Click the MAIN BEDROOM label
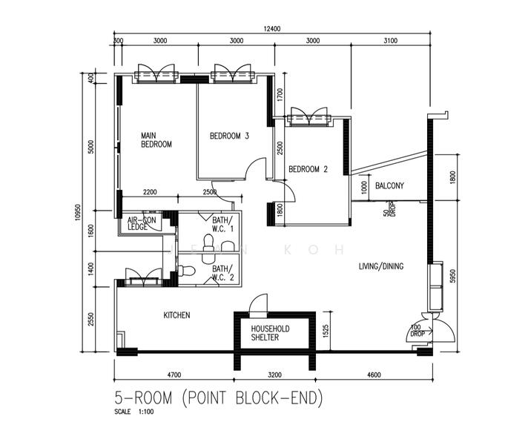(x=156, y=140)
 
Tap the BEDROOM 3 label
(x=229, y=136)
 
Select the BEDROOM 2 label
(x=308, y=169)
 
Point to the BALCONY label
(x=389, y=186)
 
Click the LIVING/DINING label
(x=381, y=266)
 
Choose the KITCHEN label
(x=176, y=315)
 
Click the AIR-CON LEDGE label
(x=141, y=223)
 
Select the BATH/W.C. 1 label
(x=222, y=224)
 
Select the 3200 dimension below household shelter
(x=275, y=375)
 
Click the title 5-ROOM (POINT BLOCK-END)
(x=219, y=398)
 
